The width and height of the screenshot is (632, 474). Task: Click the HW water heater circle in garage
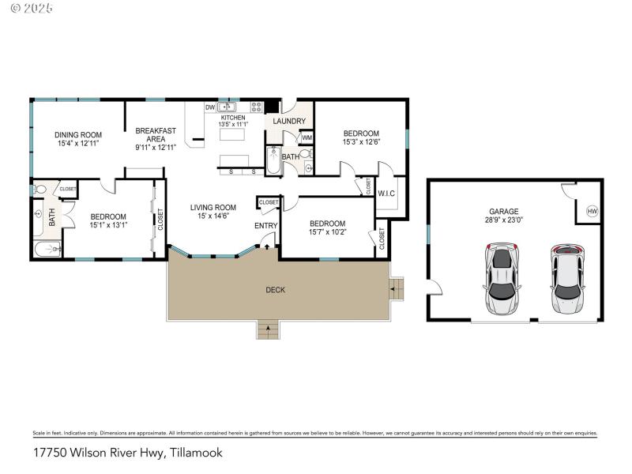(592, 211)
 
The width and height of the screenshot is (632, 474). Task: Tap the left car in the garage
(502, 280)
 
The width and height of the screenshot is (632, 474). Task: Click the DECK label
(275, 290)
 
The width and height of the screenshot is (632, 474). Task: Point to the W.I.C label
(386, 194)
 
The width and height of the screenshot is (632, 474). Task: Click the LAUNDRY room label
(289, 121)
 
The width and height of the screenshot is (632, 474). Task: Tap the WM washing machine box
(307, 137)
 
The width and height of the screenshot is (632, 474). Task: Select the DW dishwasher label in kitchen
(210, 107)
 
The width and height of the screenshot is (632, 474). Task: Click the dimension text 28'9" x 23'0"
(503, 221)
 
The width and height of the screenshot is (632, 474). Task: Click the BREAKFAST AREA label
(155, 135)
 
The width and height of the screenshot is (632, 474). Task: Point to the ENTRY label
(265, 226)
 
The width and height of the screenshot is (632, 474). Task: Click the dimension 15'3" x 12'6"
(360, 143)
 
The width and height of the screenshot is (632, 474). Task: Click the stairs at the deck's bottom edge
(269, 329)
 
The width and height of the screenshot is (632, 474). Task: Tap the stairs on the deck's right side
(397, 288)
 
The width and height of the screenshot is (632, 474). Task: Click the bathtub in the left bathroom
(48, 250)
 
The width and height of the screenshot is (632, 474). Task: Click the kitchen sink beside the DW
(228, 107)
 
